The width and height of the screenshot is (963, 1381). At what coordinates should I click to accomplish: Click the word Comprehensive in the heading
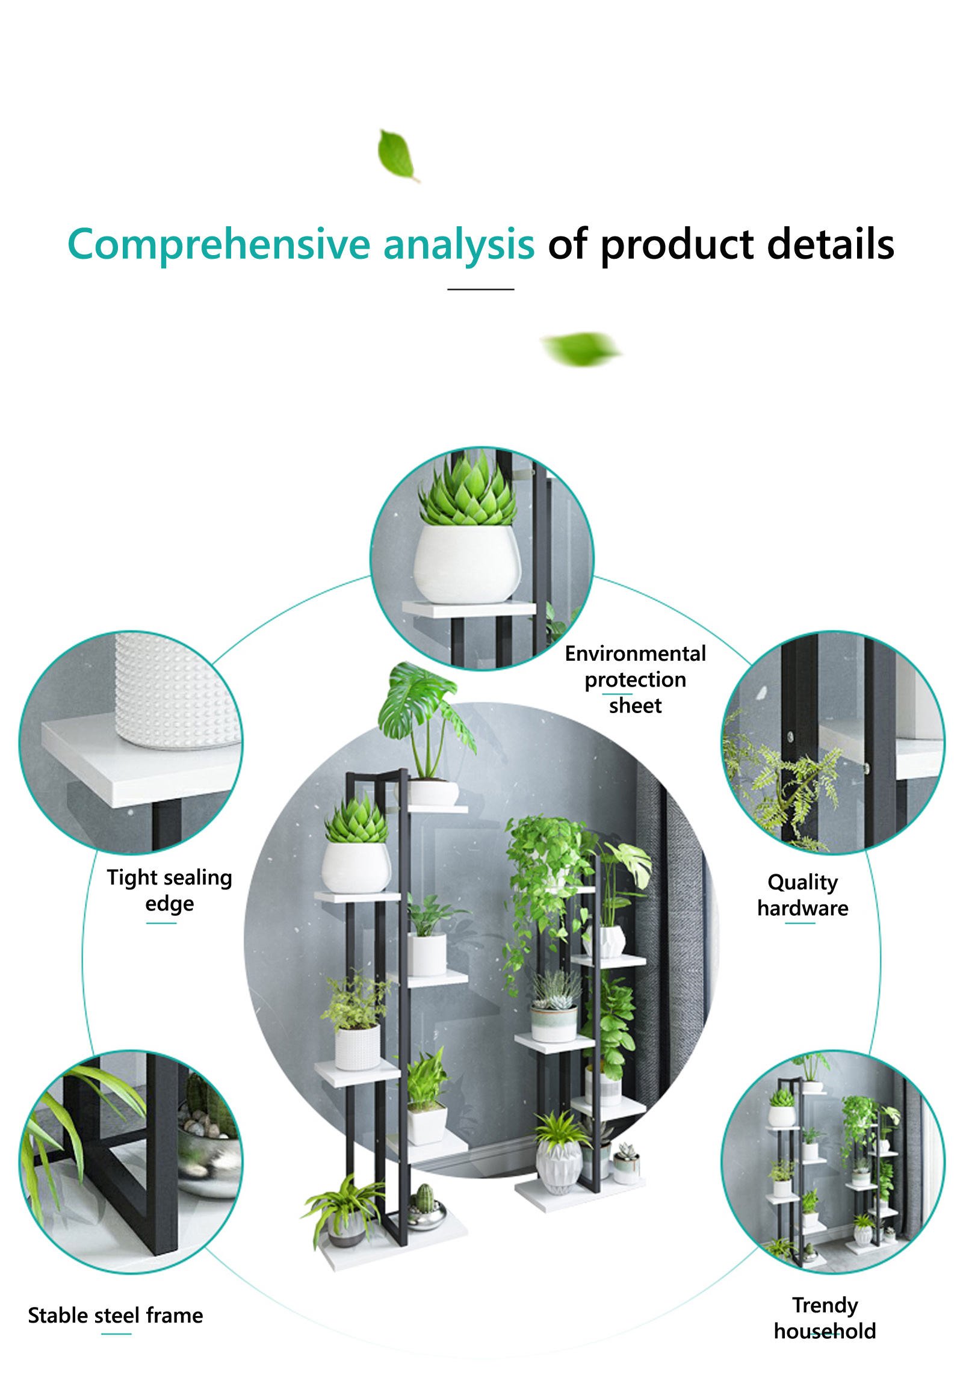click(219, 245)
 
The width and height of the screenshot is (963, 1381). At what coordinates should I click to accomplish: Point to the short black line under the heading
click(480, 289)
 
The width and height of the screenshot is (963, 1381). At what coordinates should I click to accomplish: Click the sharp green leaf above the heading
click(397, 154)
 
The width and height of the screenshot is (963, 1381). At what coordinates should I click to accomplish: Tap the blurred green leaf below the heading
click(581, 348)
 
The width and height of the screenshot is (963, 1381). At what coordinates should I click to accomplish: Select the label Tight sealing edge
click(170, 891)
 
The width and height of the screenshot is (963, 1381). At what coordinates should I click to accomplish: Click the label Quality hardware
click(803, 895)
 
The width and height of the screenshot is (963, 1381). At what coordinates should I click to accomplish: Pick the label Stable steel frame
click(116, 1315)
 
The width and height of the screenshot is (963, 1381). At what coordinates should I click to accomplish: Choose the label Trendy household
click(825, 1318)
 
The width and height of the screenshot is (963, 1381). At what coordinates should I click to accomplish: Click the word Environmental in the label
click(636, 653)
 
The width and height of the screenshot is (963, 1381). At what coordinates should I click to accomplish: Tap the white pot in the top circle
click(467, 564)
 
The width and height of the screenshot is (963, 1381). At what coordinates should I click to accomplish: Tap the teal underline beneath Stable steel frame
click(116, 1334)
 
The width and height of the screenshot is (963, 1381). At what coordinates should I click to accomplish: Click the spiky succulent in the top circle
click(467, 491)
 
